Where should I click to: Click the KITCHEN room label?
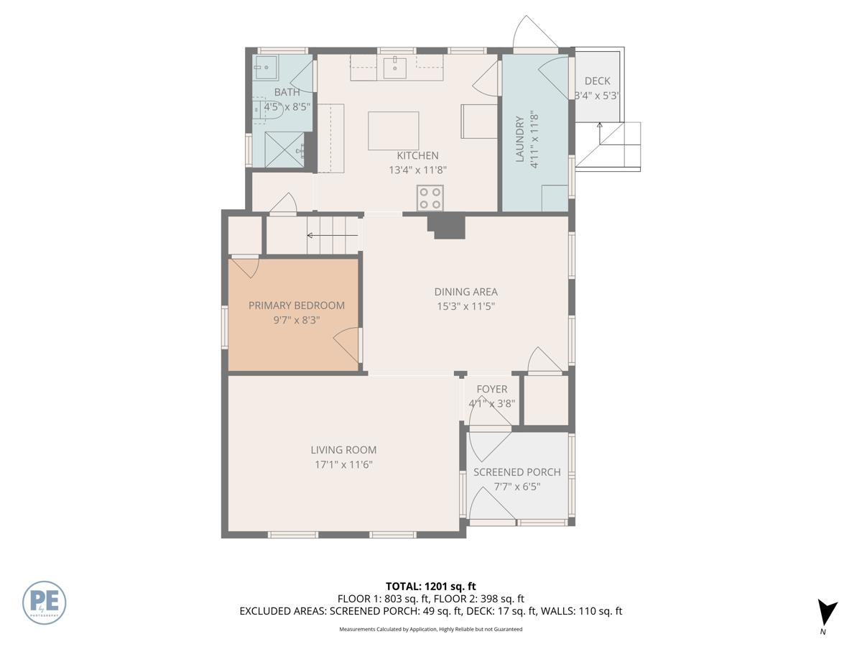pos(417,155)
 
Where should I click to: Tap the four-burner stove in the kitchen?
pos(430,198)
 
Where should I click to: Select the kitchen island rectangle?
pos(393,131)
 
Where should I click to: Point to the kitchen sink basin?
pos(394,68)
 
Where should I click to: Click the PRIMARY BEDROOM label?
pos(297,306)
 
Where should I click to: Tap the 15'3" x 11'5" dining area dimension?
pos(465,306)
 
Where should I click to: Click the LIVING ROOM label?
pos(343,450)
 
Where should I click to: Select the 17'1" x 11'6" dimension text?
pos(343,464)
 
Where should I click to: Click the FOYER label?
pos(491,389)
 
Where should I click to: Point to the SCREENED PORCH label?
pos(516,472)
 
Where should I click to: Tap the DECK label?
pos(598,81)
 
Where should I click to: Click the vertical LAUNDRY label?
pos(519,139)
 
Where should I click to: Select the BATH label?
pos(287,92)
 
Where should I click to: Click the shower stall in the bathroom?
pos(284,150)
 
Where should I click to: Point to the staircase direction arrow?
pos(333,235)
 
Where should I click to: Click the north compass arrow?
pos(826,612)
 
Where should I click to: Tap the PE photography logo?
pos(44,602)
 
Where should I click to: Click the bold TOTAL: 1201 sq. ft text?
pos(431,587)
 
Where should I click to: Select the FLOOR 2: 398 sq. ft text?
pos(478,599)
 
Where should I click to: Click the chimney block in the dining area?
pos(448,226)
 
